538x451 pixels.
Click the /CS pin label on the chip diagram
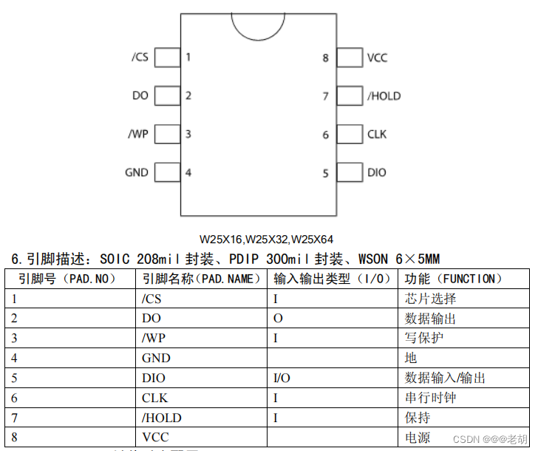point(140,57)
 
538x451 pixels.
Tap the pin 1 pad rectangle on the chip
point(168,57)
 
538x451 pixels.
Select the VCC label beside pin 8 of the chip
point(377,57)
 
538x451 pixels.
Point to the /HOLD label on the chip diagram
point(384,95)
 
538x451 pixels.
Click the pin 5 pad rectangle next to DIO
point(349,172)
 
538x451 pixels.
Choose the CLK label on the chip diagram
point(377,134)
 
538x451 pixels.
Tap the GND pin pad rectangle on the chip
point(168,172)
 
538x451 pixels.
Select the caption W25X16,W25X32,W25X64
point(267,240)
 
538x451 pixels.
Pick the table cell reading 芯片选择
point(431,299)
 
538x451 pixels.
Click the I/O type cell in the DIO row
point(282,378)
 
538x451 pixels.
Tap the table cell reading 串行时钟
point(431,398)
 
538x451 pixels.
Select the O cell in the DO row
point(278,319)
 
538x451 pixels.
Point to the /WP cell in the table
point(153,338)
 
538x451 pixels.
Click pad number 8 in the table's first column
point(15,437)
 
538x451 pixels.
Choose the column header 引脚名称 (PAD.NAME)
point(202,279)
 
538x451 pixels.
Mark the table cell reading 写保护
point(424,338)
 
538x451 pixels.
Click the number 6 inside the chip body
point(325,135)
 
